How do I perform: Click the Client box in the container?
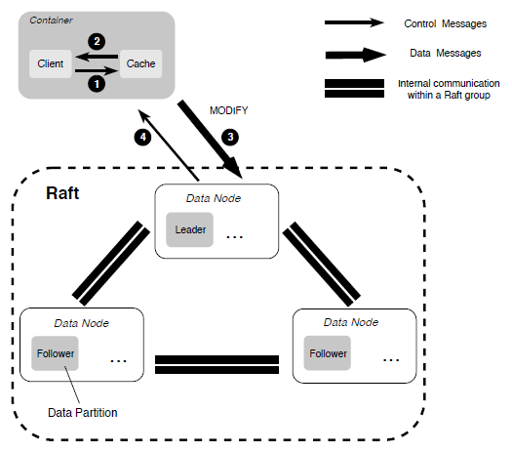point(51,63)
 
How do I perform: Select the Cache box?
point(140,63)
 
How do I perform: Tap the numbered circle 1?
point(97,84)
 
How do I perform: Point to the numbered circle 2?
point(97,42)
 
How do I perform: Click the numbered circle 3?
point(230,137)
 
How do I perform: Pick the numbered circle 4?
point(142,137)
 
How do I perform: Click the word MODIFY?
point(228,110)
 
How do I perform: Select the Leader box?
point(190,229)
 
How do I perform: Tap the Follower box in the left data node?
point(55,353)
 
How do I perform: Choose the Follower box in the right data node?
point(327,353)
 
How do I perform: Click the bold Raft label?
point(62,193)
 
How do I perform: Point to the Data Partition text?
point(83,413)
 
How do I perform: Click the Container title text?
point(51,21)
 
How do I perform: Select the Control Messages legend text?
point(446,23)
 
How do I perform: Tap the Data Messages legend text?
point(446,53)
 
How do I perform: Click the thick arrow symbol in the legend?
point(356,55)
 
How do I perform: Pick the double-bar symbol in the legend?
point(354,88)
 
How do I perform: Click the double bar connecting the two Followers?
point(217,364)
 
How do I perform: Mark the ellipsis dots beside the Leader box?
point(235,237)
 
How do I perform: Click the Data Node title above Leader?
point(214,198)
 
